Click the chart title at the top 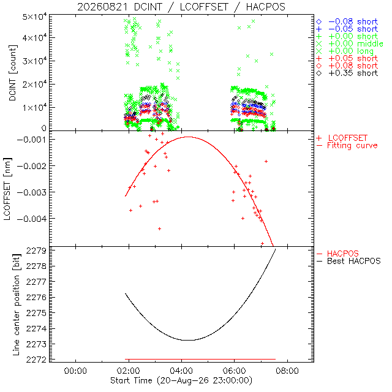pos(181,7)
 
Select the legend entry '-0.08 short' pos(347,22)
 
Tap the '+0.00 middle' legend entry pos(350,43)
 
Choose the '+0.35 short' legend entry pos(347,73)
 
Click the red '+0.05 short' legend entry pos(347,59)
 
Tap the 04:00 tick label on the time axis pos(181,371)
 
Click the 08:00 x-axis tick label pos(287,371)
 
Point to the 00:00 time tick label pos(75,371)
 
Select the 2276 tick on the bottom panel pos(36,298)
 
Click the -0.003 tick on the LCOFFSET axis pos(31,192)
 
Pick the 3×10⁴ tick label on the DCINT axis pos(34,60)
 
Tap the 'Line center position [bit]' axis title pos(17,305)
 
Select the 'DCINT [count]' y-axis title pos(13,73)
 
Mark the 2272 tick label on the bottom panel pos(36,360)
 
